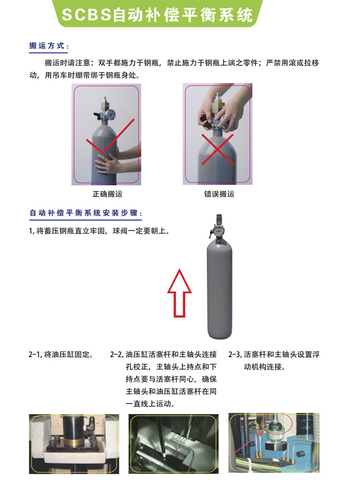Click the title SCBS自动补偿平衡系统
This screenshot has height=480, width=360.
[157, 15]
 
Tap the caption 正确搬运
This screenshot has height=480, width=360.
[108, 194]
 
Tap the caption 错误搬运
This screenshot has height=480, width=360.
[219, 194]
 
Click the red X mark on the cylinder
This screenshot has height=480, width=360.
[217, 149]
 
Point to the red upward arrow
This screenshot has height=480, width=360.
[180, 293]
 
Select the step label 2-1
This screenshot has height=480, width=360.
[35, 355]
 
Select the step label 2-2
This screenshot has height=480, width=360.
[117, 355]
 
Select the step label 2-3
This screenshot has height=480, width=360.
[235, 355]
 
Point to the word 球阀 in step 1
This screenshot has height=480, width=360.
[120, 231]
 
